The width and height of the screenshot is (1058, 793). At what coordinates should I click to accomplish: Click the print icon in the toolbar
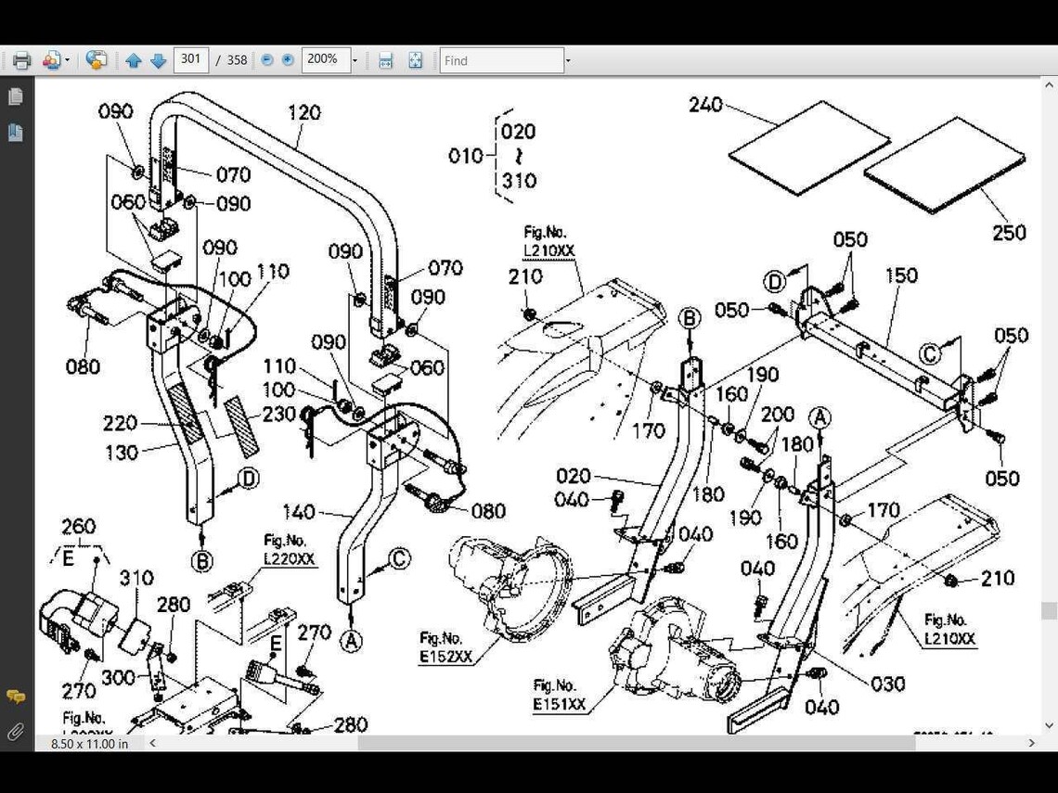click(21, 60)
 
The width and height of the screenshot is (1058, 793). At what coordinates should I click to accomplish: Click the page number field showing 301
click(191, 59)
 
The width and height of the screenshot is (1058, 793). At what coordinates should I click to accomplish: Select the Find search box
click(501, 60)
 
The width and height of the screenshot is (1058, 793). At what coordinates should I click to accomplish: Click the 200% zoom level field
click(324, 59)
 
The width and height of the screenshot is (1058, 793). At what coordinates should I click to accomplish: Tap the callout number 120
click(303, 113)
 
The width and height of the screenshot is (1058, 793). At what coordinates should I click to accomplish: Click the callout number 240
click(705, 106)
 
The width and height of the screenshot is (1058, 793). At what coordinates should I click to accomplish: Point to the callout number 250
click(1009, 233)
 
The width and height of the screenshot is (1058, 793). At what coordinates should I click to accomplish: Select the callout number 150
click(900, 275)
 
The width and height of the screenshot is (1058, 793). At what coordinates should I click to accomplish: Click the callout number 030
click(887, 684)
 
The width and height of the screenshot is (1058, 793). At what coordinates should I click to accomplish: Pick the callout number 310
click(136, 579)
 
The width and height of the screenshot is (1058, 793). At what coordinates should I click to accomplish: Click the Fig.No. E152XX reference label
click(445, 647)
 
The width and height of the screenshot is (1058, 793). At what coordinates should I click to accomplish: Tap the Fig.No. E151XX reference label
click(559, 696)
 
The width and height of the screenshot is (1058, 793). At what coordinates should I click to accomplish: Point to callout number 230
click(278, 415)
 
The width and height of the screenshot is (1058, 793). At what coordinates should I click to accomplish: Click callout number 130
click(121, 453)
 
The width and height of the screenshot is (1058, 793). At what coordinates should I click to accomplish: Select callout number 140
click(299, 512)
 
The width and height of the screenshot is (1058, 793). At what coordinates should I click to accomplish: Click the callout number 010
click(465, 156)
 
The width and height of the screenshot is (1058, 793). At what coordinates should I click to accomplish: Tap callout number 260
click(78, 528)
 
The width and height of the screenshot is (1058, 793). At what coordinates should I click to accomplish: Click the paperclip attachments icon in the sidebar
click(15, 732)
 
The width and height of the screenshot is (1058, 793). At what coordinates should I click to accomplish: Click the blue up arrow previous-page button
click(133, 60)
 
